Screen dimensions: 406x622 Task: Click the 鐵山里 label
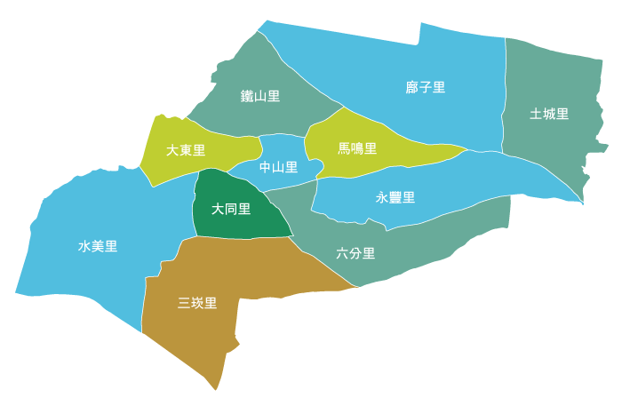[x=260, y=96]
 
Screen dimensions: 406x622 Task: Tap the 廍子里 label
[x=425, y=87]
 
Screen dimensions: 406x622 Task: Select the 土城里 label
[x=549, y=114]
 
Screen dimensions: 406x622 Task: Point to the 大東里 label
[x=186, y=150]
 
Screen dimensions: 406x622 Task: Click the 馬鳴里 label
[x=357, y=148]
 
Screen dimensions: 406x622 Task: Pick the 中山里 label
[x=278, y=167]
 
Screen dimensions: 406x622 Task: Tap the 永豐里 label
[x=395, y=197]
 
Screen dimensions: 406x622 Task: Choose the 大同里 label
[x=231, y=210]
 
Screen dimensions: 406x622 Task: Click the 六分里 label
[x=355, y=253]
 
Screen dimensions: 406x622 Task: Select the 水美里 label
[x=98, y=246]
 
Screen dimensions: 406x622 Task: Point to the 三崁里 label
[x=197, y=303]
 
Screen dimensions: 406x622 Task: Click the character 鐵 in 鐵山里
[x=247, y=96]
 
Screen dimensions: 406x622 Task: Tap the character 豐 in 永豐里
[x=395, y=197]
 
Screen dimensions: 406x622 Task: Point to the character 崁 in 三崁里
[x=197, y=303]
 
